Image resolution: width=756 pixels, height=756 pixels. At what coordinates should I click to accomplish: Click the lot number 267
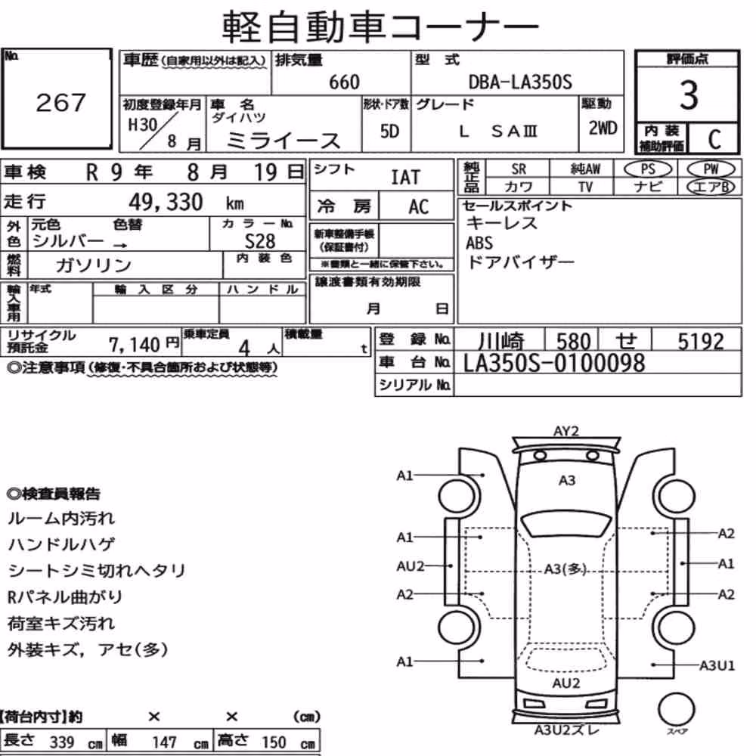click(x=60, y=102)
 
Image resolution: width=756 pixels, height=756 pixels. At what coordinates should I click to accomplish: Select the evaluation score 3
click(x=689, y=95)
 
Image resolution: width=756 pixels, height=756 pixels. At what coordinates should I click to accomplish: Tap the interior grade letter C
click(x=714, y=139)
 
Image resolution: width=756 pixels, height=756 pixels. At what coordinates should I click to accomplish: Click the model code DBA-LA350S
click(x=520, y=82)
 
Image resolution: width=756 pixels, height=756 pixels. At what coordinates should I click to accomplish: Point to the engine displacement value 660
click(x=344, y=82)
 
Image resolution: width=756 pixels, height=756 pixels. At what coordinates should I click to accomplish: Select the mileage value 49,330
click(x=166, y=202)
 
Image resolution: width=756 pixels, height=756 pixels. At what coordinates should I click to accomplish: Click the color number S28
click(x=259, y=241)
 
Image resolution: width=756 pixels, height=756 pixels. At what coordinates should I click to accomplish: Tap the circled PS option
click(x=648, y=169)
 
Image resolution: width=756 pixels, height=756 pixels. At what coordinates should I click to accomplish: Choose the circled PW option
click(x=711, y=169)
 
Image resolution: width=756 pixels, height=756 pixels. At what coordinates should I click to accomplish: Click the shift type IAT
click(x=405, y=178)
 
